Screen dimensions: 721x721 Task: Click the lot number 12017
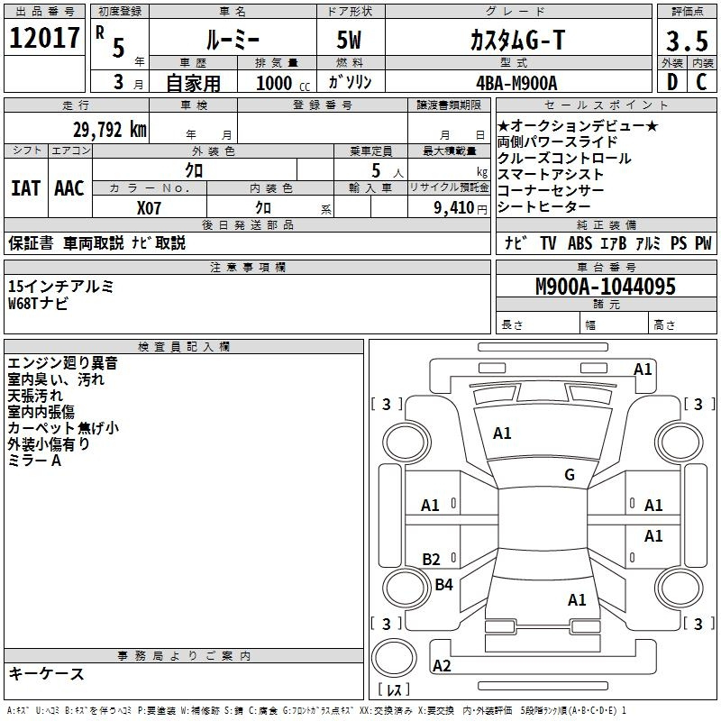click(x=43, y=39)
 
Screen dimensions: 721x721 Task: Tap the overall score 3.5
click(x=686, y=42)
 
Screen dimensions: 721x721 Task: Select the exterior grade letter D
click(x=671, y=81)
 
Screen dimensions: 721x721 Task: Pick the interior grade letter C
click(x=701, y=81)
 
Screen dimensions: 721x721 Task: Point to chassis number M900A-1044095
click(x=605, y=287)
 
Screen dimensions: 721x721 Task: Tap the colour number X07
click(x=150, y=206)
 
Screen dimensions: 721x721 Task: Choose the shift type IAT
click(x=25, y=188)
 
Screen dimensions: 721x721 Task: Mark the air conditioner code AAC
click(x=69, y=188)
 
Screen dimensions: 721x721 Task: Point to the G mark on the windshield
click(x=570, y=475)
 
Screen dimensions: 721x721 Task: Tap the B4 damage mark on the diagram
click(x=443, y=585)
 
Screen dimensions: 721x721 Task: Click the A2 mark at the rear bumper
click(x=442, y=666)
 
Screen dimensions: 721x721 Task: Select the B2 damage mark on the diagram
click(x=432, y=560)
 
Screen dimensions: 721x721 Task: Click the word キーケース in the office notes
click(x=46, y=673)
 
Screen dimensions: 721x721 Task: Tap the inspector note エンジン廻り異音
click(x=62, y=363)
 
